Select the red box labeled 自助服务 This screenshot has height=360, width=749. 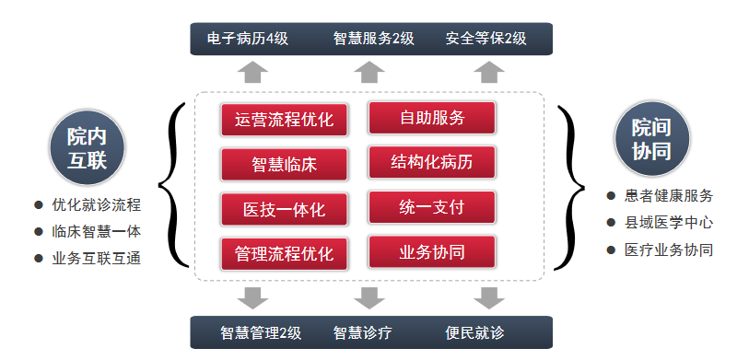coord(432,118)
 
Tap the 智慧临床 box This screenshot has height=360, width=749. coord(284,165)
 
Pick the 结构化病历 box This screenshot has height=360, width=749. coord(432,162)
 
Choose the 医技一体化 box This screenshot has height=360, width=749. coord(284,208)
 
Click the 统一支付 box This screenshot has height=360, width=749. coord(432,207)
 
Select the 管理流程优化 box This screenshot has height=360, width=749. coord(284,252)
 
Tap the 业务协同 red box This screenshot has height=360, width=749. coord(432,251)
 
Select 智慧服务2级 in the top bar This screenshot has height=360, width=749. coord(373,39)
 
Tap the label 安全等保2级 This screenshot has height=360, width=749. coord(486,39)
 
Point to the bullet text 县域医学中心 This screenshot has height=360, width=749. coord(668,223)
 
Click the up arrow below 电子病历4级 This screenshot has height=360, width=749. coord(252,73)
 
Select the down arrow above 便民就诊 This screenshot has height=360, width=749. coord(489,297)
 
